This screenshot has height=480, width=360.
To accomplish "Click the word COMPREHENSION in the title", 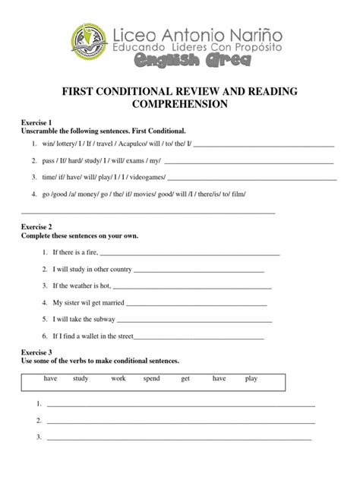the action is pyautogui.click(x=180, y=103).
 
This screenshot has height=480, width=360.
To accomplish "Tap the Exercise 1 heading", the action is pyautogui.click(x=36, y=122).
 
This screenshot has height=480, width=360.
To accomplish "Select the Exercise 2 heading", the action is pyautogui.click(x=36, y=227).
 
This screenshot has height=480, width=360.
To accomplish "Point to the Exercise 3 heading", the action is pyautogui.click(x=36, y=352).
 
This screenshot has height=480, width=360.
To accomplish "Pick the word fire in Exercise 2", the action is pyautogui.click(x=90, y=252).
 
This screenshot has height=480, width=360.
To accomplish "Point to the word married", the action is pyautogui.click(x=105, y=302).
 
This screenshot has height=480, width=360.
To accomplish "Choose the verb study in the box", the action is pyautogui.click(x=81, y=378).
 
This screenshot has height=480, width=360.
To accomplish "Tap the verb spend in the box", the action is pyautogui.click(x=151, y=378).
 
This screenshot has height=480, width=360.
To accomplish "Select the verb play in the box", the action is pyautogui.click(x=251, y=378).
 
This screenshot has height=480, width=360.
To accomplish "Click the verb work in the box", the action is pyautogui.click(x=118, y=378).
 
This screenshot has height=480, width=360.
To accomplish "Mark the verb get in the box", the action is pyautogui.click(x=185, y=378).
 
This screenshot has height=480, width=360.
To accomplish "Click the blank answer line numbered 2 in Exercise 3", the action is pyautogui.click(x=181, y=422).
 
